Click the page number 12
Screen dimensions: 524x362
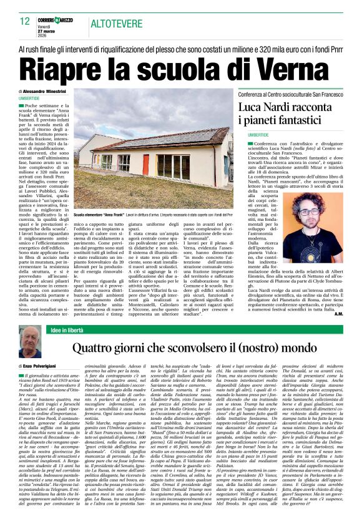point(25,21)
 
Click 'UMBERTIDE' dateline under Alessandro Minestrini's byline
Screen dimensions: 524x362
point(29,99)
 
